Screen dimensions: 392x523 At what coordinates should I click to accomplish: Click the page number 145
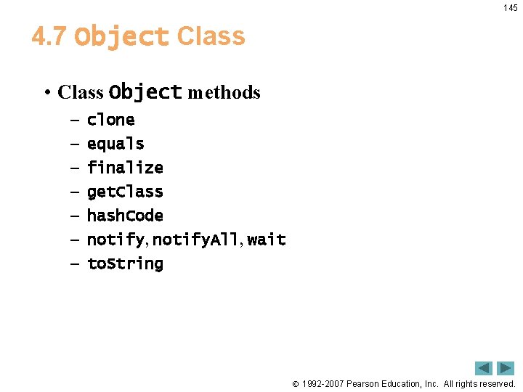tap(510, 8)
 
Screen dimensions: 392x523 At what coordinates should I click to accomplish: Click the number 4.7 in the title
tap(49, 36)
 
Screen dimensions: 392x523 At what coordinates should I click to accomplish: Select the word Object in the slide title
tap(121, 36)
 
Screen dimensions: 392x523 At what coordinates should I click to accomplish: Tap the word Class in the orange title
tap(211, 36)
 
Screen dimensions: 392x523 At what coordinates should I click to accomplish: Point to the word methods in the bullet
tap(224, 93)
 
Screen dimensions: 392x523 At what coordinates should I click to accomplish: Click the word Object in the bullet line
tap(145, 92)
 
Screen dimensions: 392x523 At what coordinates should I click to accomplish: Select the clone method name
tap(110, 120)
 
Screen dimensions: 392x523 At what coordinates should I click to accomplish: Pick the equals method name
tap(115, 144)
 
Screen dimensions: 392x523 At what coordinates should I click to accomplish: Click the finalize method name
tap(125, 168)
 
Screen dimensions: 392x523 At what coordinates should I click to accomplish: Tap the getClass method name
tap(125, 192)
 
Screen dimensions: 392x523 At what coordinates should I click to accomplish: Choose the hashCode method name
tap(125, 216)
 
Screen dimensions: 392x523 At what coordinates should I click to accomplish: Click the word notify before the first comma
tap(115, 240)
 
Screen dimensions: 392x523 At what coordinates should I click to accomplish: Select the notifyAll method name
tap(195, 240)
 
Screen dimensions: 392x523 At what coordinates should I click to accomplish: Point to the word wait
tap(267, 240)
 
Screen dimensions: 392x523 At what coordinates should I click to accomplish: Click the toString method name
tap(125, 264)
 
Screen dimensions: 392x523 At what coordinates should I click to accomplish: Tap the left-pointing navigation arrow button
tap(484, 368)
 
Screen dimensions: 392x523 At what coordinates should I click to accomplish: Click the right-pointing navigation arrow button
tap(506, 368)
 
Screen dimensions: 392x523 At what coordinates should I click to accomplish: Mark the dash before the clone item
tap(75, 121)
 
